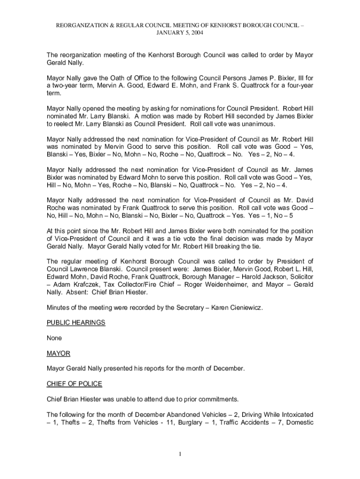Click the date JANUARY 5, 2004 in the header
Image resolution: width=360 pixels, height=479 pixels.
click(x=180, y=33)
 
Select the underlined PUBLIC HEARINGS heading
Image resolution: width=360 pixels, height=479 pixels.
click(x=76, y=322)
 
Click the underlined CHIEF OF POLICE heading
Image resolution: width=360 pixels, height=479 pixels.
click(x=74, y=384)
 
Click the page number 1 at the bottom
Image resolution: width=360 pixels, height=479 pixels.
click(x=180, y=453)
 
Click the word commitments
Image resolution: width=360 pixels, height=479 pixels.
click(x=215, y=399)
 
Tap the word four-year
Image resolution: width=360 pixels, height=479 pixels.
click(x=296, y=86)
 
